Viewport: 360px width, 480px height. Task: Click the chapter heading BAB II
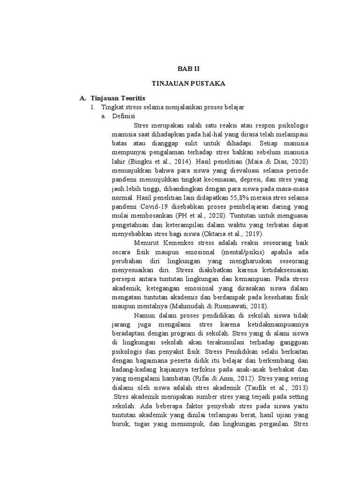pyautogui.click(x=191, y=68)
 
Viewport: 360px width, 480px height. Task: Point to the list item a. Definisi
pyautogui.click(x=118, y=117)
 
